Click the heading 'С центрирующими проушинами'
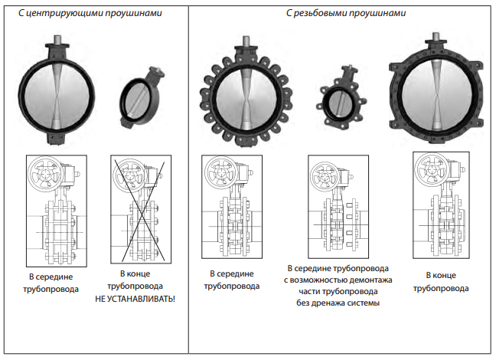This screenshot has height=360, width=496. click(90, 13)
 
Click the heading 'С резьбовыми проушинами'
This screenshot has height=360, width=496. click(346, 13)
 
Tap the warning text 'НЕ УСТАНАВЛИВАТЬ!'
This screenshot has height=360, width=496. click(135, 299)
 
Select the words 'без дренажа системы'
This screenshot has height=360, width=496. click(338, 303)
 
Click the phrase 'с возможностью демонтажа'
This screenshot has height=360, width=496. click(338, 280)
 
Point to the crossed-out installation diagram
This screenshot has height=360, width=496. click(141, 209)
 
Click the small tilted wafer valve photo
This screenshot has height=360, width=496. click(142, 97)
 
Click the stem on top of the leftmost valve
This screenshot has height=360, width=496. click(57, 40)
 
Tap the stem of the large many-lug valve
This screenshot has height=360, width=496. click(246, 41)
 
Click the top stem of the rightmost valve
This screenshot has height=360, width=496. click(436, 37)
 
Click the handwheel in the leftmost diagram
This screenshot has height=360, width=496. click(44, 174)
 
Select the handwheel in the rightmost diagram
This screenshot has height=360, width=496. click(431, 169)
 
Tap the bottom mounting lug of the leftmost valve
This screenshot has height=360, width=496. click(57, 139)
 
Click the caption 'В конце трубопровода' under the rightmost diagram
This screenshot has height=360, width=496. click(441, 282)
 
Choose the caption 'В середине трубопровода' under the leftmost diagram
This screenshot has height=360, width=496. click(51, 283)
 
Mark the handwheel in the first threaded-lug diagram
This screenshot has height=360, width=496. click(220, 172)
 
